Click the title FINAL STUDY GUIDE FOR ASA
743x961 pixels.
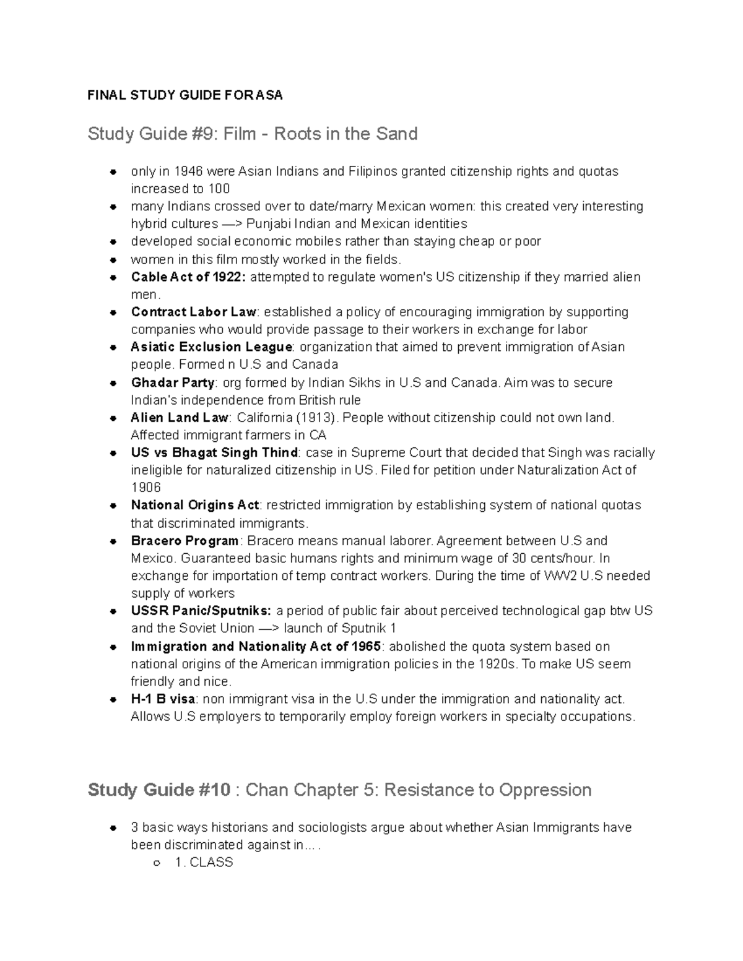pos(185,95)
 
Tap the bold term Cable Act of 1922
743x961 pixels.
pos(188,277)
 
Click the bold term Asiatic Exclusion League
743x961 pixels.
pos(211,347)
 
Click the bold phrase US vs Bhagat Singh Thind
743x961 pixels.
pos(214,453)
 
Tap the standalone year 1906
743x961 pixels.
pos(146,488)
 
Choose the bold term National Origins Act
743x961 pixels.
pos(196,505)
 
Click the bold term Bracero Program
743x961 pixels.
pos(185,541)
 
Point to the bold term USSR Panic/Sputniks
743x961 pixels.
pos(201,611)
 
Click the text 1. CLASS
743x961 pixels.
pos(204,863)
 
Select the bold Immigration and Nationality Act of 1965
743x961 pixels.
pos(256,647)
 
